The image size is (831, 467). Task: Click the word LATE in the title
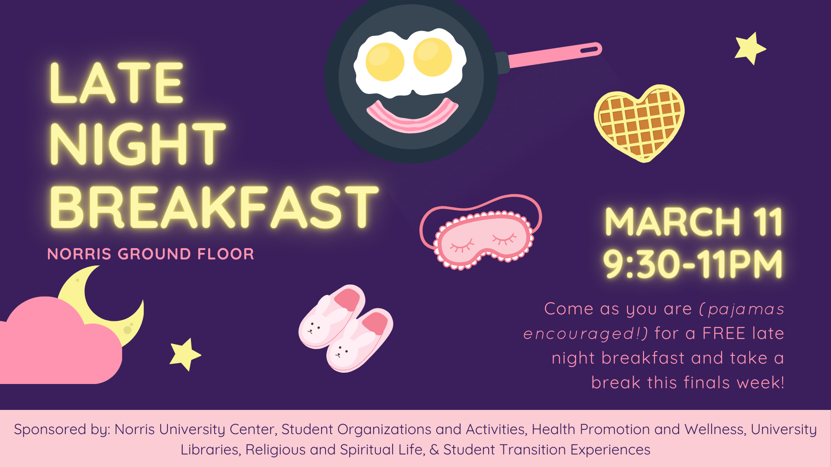116,83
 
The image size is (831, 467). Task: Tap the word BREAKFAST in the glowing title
214,207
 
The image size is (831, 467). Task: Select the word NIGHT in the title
138,144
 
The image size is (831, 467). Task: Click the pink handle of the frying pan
554,55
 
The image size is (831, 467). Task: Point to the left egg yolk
385,62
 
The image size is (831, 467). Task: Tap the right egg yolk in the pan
432,57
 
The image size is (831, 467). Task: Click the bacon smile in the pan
412,116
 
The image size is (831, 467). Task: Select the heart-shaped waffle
639,122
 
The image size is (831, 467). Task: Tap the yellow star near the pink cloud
185,354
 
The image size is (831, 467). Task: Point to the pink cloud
56,346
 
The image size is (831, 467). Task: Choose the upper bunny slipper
331,316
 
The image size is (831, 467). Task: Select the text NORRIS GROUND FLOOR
151,254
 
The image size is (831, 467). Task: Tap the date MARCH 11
693,222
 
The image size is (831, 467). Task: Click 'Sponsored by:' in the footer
62,429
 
